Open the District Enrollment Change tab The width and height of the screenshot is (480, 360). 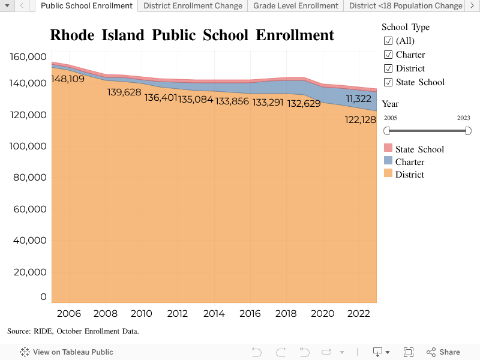tap(193, 6)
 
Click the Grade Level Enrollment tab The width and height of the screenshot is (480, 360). tap(295, 6)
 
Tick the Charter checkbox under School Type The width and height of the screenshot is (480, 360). tap(388, 55)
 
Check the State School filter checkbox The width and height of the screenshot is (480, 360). tap(388, 82)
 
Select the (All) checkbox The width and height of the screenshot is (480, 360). tap(388, 41)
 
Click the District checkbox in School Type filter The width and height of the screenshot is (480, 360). tap(388, 68)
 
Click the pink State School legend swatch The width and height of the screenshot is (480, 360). tap(388, 149)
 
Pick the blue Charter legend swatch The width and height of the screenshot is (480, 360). tap(388, 161)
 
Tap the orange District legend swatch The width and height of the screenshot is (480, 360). tap(388, 174)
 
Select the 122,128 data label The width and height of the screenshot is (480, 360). tap(360, 120)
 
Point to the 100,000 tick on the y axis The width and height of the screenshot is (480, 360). tap(29, 146)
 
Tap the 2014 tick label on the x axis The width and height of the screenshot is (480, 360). tap(214, 313)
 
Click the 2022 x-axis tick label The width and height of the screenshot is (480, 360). tap(359, 313)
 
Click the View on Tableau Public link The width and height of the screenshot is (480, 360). tap(67, 352)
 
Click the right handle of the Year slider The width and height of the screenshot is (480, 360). tap(468, 131)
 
